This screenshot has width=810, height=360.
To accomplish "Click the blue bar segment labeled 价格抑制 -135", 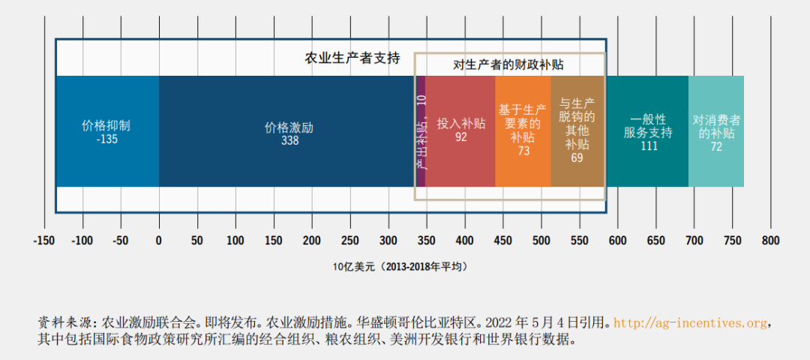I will pos(107,132).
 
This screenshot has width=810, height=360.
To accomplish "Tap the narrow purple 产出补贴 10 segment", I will pos(421,132).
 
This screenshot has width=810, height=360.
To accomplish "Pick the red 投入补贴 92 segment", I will pos(460,132).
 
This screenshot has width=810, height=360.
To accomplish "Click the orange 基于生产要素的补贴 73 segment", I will pos(523,132).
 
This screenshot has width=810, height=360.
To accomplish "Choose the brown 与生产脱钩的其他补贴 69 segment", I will pos(577,132).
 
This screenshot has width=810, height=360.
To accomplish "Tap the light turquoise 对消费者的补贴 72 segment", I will pos(716,132).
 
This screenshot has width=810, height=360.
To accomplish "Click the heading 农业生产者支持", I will pos(352,58).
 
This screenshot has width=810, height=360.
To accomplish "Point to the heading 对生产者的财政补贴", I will pos(508,64).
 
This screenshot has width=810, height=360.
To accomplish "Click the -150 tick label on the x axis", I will pos(44,241).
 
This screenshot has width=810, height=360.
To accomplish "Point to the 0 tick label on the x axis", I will pos(158,241).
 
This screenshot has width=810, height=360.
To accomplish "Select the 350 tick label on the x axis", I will pos(426,241).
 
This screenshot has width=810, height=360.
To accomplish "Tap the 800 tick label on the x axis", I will pos(770,241).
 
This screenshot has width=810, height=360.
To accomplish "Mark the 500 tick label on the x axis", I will pos(541,241).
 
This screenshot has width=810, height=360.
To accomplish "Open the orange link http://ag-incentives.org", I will pos(690,323).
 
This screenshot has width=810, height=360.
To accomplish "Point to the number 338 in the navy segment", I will pos(289,140).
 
